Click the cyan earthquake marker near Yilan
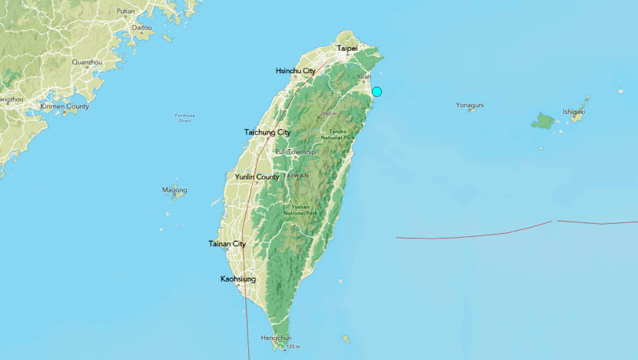(x=377, y=92)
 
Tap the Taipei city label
(x=347, y=48)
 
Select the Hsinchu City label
(x=295, y=71)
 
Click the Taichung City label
(x=267, y=132)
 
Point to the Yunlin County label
(x=257, y=177)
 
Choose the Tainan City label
(x=227, y=244)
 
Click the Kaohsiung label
(x=238, y=278)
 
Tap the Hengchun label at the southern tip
(x=276, y=338)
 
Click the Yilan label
(x=364, y=77)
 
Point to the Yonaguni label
(x=470, y=105)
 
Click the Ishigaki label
(x=573, y=111)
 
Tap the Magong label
(x=174, y=189)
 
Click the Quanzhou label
(x=87, y=62)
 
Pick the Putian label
(x=125, y=12)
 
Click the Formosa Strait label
(x=184, y=118)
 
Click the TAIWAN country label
(x=295, y=176)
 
